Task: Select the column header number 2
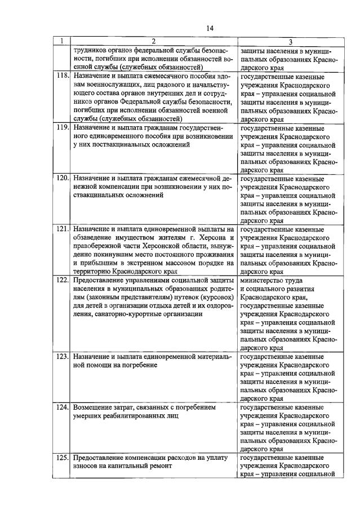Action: (x=153, y=41)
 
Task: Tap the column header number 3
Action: (x=290, y=42)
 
